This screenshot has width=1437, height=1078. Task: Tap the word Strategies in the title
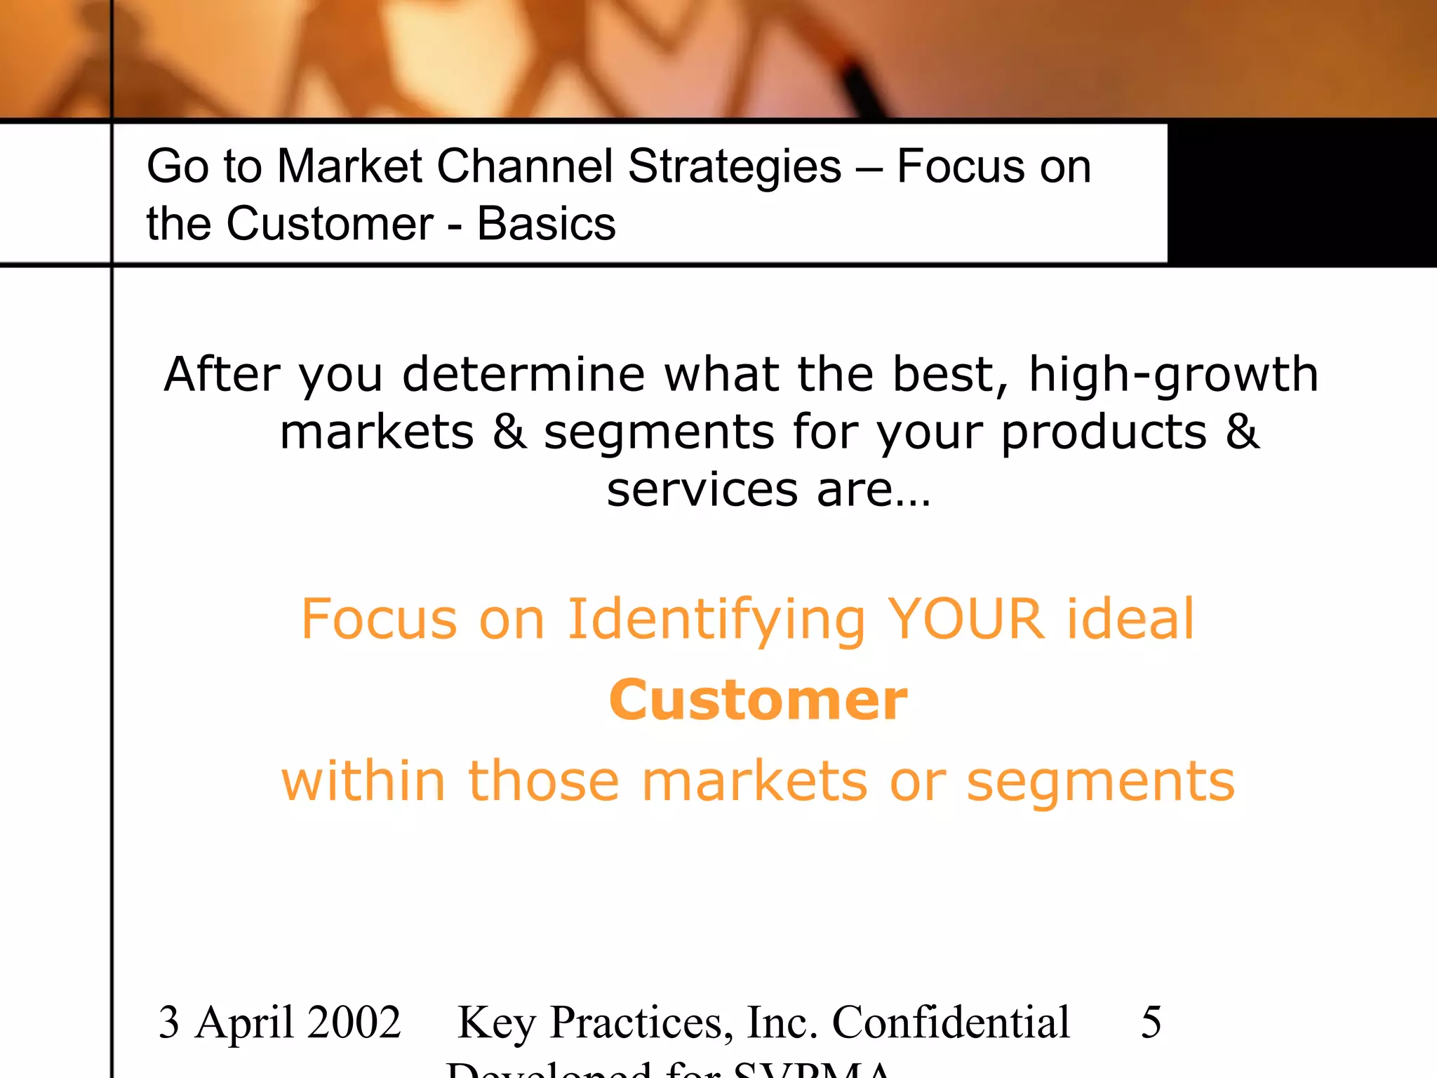(735, 168)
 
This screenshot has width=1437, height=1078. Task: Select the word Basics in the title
(546, 225)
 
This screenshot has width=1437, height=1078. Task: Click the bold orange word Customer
(758, 700)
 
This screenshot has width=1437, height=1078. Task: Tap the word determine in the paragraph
(523, 373)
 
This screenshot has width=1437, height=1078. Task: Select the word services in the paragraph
(702, 489)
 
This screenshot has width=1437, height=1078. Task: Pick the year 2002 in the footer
(354, 1022)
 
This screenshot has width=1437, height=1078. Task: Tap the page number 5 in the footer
(1151, 1022)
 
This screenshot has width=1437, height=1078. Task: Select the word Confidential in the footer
(951, 1022)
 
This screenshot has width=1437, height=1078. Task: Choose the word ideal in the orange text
(1130, 619)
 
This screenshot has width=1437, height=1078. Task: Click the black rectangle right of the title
(1302, 193)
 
